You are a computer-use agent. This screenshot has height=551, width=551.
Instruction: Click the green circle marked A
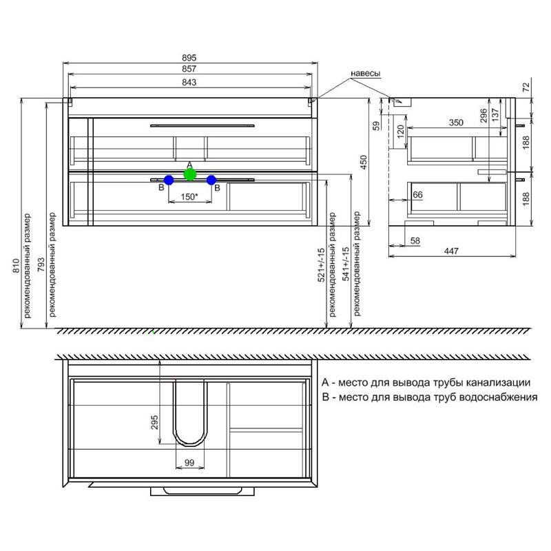[x=190, y=174]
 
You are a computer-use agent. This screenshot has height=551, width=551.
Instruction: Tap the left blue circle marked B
[x=169, y=180]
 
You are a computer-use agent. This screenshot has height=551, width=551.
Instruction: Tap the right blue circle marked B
[x=211, y=180]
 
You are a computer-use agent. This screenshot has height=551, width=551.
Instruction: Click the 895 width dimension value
[x=189, y=58]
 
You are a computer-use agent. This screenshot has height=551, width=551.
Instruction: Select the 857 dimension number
[x=189, y=69]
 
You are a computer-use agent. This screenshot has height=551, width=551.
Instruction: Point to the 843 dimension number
[x=189, y=82]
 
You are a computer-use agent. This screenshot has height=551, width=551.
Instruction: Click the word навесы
[x=366, y=74]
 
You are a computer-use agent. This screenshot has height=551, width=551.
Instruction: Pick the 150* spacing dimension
[x=190, y=197]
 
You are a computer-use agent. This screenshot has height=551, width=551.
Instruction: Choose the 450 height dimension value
[x=364, y=163]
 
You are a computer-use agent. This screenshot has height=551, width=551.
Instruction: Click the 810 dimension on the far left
[x=16, y=266]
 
